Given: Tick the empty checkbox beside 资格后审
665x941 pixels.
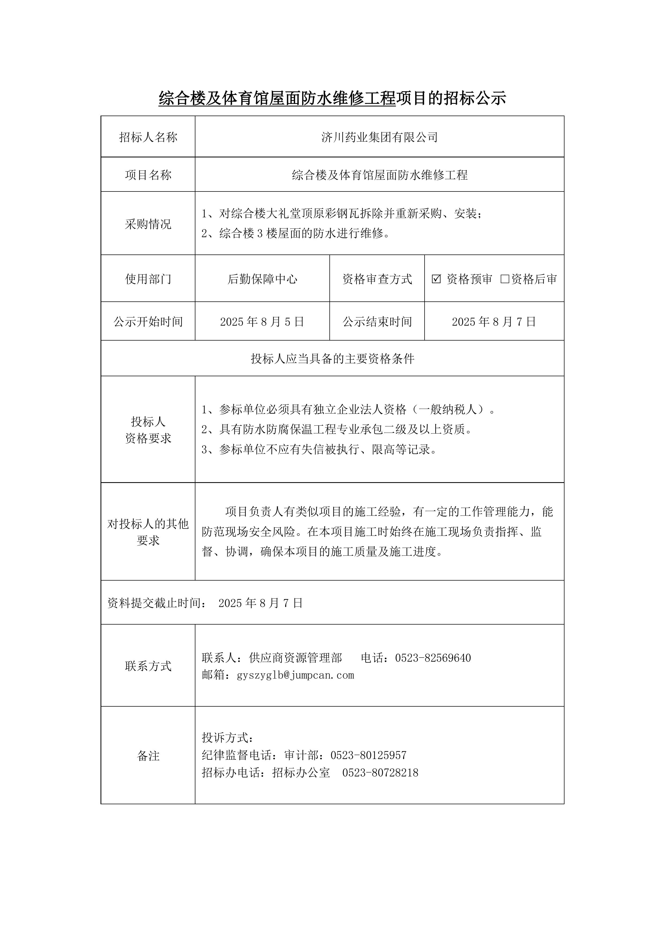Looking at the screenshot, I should [505, 279].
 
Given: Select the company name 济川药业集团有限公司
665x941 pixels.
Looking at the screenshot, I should [380, 137].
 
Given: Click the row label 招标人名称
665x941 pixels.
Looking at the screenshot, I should [148, 137].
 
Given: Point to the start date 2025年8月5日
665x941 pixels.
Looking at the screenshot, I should [262, 322].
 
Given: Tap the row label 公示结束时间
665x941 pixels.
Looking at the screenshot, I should [377, 322].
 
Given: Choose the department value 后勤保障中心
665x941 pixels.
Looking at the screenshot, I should [262, 279].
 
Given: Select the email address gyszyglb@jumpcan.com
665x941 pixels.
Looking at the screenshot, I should [295, 675].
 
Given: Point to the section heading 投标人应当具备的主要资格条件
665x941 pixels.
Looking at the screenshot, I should [332, 359].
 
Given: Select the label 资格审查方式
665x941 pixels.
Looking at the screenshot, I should [377, 279].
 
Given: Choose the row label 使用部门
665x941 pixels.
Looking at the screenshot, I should [148, 279].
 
